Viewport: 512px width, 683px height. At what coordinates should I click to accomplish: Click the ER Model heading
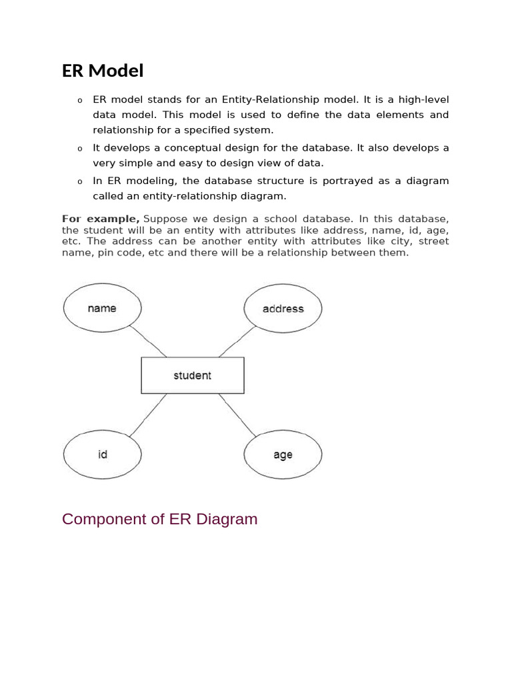coord(103,71)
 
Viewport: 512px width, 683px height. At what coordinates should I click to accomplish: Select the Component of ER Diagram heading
coord(159,519)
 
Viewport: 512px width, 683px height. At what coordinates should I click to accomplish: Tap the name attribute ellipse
coord(102,308)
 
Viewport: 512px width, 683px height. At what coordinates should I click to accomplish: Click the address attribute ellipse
coord(283,309)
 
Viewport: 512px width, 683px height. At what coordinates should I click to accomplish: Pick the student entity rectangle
coord(192,376)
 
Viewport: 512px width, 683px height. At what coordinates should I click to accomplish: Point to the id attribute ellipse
coord(102,454)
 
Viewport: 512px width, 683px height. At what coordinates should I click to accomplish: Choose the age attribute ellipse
coord(283,455)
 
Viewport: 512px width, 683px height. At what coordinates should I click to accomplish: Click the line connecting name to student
coord(148,341)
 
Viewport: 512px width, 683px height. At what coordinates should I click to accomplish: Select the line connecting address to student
coord(236,341)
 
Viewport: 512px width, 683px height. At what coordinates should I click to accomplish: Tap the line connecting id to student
coord(148,415)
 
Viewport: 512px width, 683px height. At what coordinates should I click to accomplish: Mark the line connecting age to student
coord(237,415)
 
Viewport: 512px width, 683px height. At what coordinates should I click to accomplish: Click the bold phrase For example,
coord(101,219)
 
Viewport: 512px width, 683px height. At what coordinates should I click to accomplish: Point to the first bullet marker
coord(79,101)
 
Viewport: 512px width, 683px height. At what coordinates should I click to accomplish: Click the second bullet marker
coord(79,149)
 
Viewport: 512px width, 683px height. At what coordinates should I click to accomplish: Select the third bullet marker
coord(79,182)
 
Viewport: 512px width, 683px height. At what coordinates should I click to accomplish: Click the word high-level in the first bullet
coord(423,99)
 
